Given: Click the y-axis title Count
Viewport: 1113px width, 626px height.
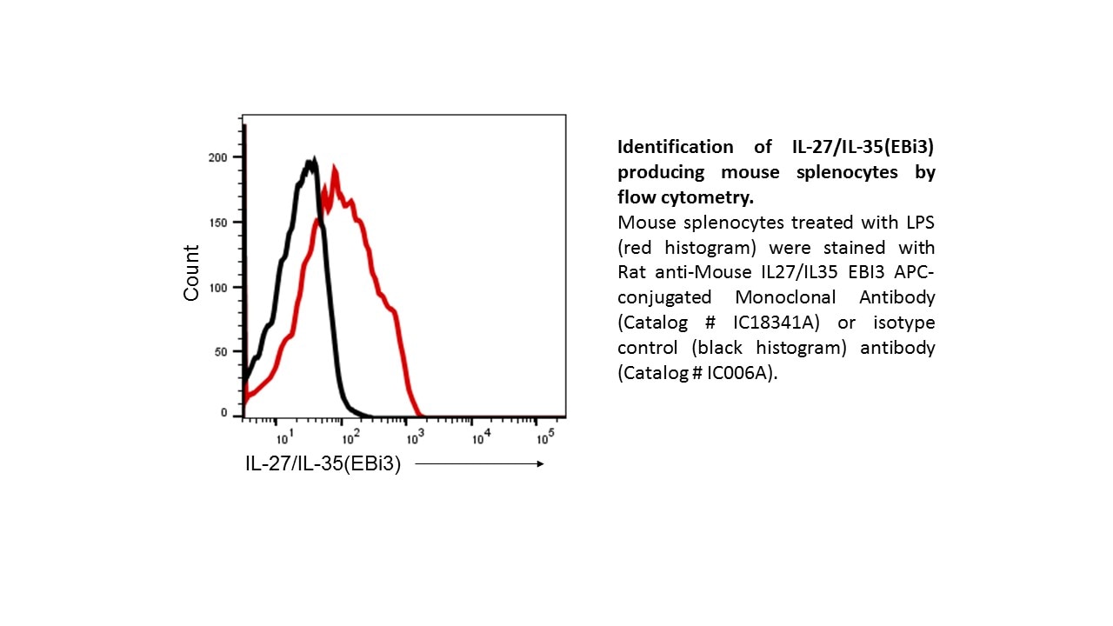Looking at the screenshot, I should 191,273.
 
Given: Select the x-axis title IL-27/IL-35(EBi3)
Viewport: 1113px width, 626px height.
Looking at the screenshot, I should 323,464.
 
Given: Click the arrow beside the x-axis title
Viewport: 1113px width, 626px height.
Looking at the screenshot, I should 479,464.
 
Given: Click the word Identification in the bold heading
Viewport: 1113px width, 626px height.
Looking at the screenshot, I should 663,147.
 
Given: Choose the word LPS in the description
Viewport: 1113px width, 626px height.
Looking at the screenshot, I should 917,223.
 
